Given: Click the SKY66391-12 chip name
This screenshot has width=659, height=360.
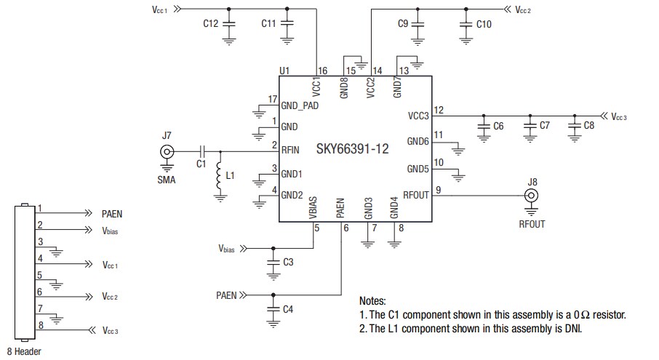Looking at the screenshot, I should [x=352, y=148].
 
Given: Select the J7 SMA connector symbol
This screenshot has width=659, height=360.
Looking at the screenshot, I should [x=167, y=151].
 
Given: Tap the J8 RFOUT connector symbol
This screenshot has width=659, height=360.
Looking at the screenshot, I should [x=532, y=196].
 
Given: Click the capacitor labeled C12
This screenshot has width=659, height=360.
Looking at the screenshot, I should [x=229, y=24].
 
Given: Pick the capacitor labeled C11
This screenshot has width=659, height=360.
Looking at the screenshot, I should [x=287, y=24].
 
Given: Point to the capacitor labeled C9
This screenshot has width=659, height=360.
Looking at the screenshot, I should [x=418, y=24].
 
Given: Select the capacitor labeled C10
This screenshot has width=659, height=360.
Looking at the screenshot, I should [x=466, y=24].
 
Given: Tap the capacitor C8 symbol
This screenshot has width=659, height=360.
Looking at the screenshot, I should [x=575, y=125].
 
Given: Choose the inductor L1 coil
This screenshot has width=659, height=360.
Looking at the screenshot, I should [x=218, y=177].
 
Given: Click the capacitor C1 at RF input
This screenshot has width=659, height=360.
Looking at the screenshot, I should [x=203, y=151].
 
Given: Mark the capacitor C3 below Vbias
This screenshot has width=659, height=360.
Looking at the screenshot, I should [x=273, y=261].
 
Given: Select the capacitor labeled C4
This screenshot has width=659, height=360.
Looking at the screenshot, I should [x=273, y=308].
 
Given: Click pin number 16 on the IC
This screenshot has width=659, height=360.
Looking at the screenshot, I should [x=321, y=70].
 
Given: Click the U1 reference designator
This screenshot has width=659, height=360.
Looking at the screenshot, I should [x=284, y=70].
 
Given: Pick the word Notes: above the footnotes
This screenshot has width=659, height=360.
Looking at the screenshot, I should [x=372, y=300].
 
